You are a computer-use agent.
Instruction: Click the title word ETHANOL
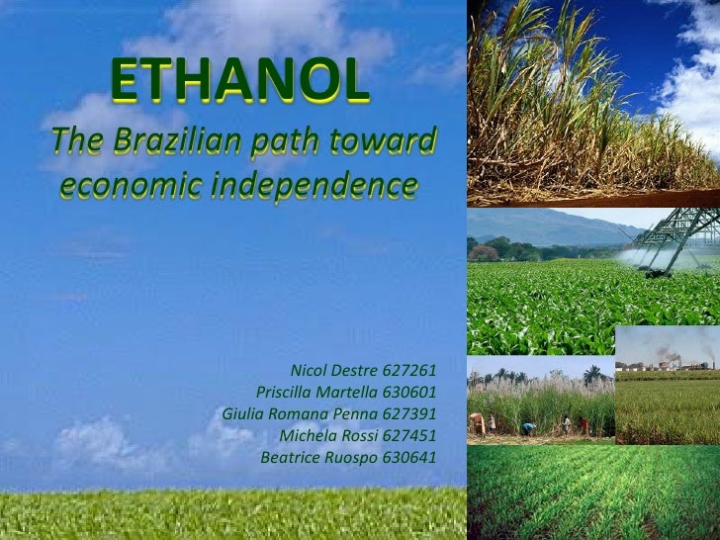(240, 83)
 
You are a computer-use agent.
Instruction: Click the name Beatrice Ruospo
(315, 457)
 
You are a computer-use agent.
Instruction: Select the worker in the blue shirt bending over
(528, 428)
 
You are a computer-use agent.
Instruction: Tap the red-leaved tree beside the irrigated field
(485, 252)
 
